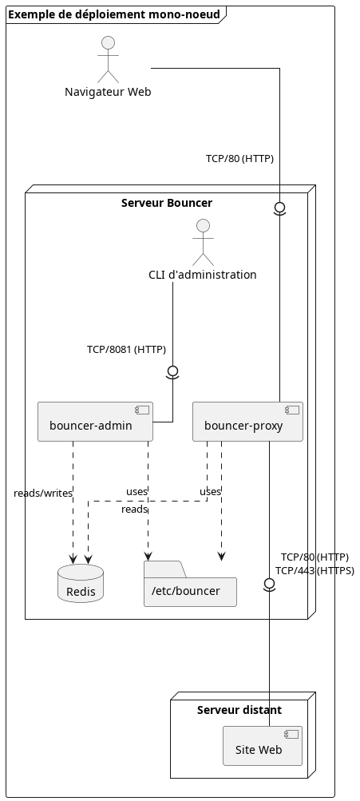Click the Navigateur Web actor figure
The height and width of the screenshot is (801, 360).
pyautogui.click(x=108, y=59)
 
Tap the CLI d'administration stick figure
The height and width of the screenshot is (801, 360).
pyautogui.click(x=203, y=243)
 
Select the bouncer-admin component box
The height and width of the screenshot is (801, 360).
pyautogui.click(x=96, y=422)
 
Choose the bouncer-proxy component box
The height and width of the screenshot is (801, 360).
pyautogui.click(x=247, y=422)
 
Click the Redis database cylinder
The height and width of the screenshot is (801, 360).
pyautogui.click(x=81, y=584)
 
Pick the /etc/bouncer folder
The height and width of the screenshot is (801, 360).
pyautogui.click(x=190, y=584)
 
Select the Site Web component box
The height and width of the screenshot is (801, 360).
pyautogui.click(x=263, y=746)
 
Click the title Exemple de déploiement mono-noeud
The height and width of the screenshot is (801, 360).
pyautogui.click(x=114, y=15)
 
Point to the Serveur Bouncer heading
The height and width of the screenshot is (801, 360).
pyautogui.click(x=167, y=203)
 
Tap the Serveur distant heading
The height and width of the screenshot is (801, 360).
pyautogui.click(x=239, y=709)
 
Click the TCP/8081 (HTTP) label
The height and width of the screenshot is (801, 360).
pyautogui.click(x=127, y=350)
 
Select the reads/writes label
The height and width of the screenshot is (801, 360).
pyautogui.click(x=43, y=493)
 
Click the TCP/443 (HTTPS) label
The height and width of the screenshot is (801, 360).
pyautogui.click(x=315, y=571)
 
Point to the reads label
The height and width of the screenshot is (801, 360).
pyautogui.click(x=134, y=510)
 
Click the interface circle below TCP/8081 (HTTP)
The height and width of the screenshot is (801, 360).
pyautogui.click(x=172, y=371)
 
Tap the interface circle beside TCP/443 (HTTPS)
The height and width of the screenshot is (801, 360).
pyautogui.click(x=269, y=584)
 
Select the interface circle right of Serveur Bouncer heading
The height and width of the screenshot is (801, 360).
pyautogui.click(x=279, y=208)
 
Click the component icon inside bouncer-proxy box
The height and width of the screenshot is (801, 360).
pyautogui.click(x=292, y=410)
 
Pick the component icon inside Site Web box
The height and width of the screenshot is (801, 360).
pyautogui.click(x=291, y=734)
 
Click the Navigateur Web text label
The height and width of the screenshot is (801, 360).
pyautogui.click(x=108, y=93)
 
